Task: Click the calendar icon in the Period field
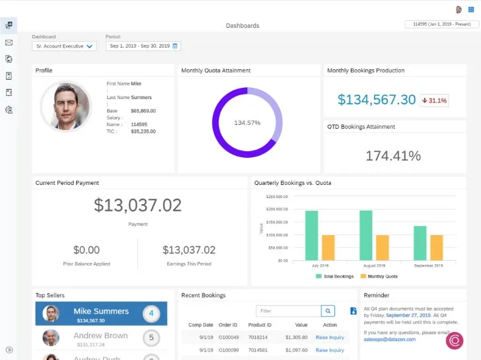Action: click(175, 46)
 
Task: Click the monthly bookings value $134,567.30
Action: click(377, 100)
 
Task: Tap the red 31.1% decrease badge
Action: click(434, 100)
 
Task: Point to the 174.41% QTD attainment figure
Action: click(393, 156)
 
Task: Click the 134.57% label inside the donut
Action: click(247, 122)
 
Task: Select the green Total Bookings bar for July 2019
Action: click(311, 235)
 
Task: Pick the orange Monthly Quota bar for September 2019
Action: click(436, 247)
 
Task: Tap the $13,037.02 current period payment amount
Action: click(137, 205)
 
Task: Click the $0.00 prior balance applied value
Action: click(87, 250)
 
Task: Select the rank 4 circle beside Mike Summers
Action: click(151, 312)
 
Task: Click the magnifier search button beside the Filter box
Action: click(328, 310)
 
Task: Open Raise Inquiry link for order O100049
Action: click(330, 337)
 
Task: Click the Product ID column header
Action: click(260, 325)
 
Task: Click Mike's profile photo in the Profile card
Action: click(66, 106)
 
